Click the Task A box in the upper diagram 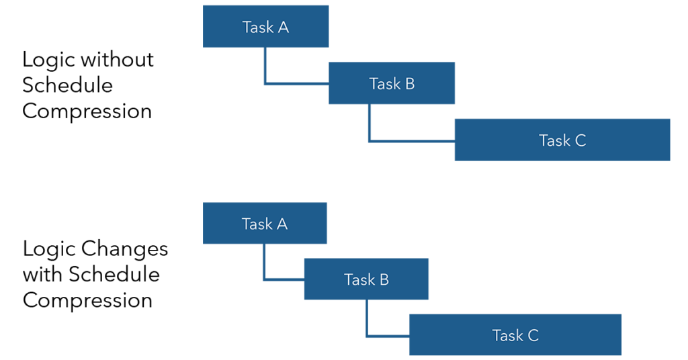265,26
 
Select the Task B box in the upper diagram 391,83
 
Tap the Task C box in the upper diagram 562,140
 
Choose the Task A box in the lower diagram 265,224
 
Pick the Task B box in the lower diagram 366,279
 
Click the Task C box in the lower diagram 515,334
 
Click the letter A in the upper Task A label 283,28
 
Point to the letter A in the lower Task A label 282,224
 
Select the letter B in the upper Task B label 409,84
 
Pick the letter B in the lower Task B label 384,279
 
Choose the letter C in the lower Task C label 532,335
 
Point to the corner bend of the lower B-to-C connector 368,336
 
